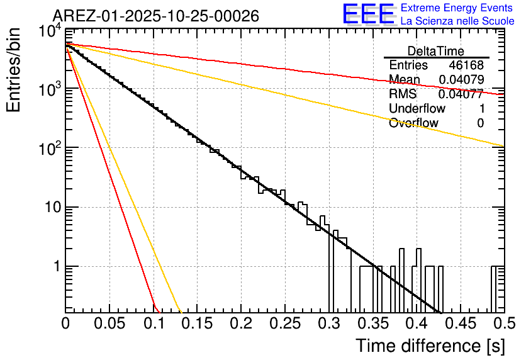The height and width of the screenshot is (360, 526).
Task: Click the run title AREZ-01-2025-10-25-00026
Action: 155,16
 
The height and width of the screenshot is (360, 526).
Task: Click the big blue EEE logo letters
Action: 369,15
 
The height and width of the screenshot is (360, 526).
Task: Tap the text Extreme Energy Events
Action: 457,8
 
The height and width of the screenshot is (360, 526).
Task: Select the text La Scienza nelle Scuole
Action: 457,21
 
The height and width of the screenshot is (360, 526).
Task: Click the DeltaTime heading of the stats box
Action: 436,51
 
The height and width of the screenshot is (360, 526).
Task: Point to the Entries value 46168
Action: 466,65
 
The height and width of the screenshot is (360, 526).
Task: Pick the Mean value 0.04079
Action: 461,80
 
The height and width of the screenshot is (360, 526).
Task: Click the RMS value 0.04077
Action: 461,94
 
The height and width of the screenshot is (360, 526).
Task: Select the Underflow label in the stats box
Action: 417,109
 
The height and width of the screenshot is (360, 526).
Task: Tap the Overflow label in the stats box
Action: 413,123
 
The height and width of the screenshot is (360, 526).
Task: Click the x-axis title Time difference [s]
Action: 429,346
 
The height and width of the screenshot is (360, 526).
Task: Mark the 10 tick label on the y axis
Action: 49,208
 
